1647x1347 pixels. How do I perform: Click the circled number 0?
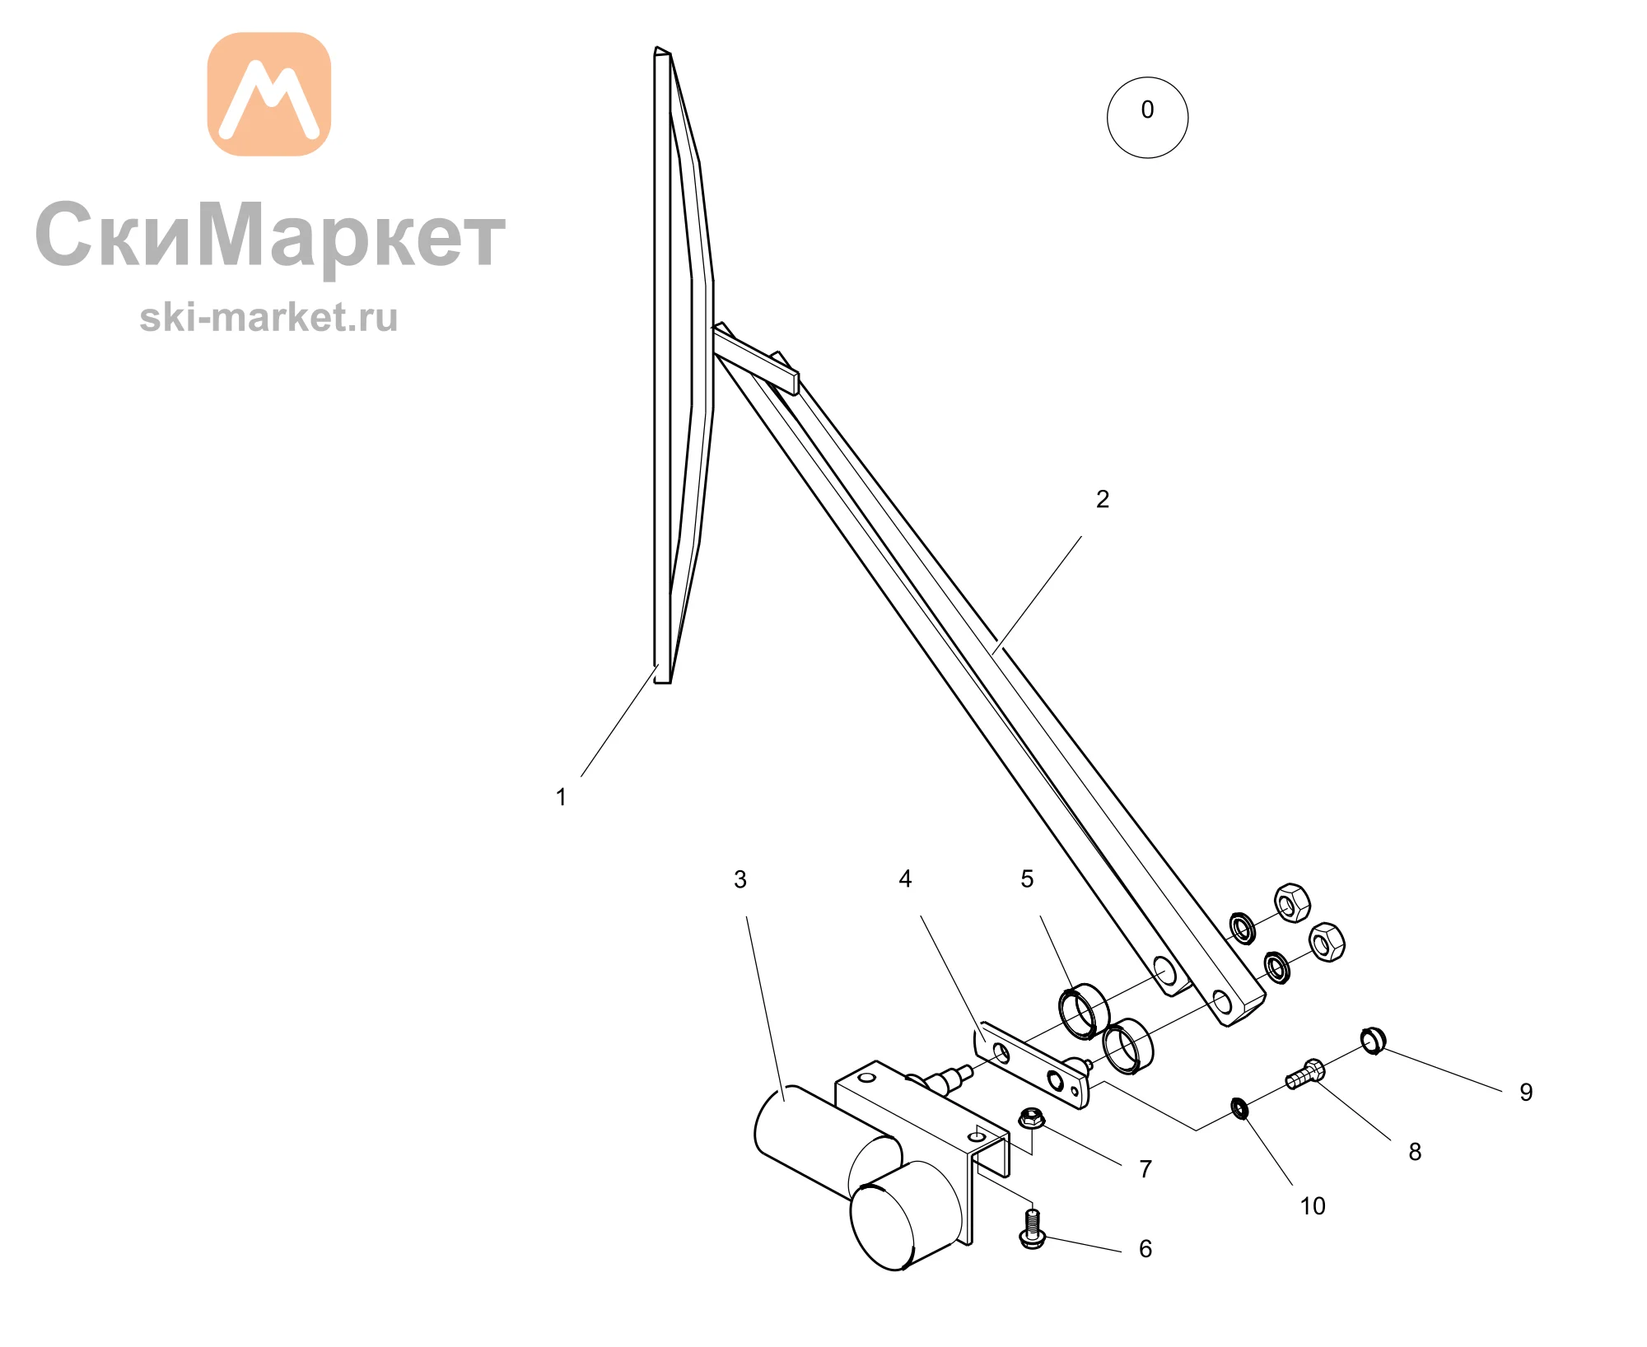point(1147,117)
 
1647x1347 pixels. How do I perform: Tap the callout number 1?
point(561,797)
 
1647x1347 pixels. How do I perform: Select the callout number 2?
point(1103,499)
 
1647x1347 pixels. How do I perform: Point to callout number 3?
point(740,879)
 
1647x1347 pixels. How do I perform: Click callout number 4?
point(905,879)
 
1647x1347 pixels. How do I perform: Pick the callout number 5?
point(1027,879)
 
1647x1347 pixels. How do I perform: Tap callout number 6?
point(1145,1248)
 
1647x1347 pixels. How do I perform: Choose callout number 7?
point(1145,1168)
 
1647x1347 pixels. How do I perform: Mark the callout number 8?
point(1415,1151)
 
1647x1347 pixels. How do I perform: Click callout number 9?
point(1526,1092)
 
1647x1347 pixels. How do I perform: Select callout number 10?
point(1313,1205)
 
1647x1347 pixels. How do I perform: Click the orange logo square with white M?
point(268,94)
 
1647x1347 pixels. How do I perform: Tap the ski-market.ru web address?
point(268,317)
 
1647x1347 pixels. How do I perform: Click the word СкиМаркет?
point(270,235)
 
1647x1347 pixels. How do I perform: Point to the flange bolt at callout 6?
point(1032,1228)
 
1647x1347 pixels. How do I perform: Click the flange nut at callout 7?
point(1032,1118)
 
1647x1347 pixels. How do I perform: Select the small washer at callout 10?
point(1239,1108)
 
